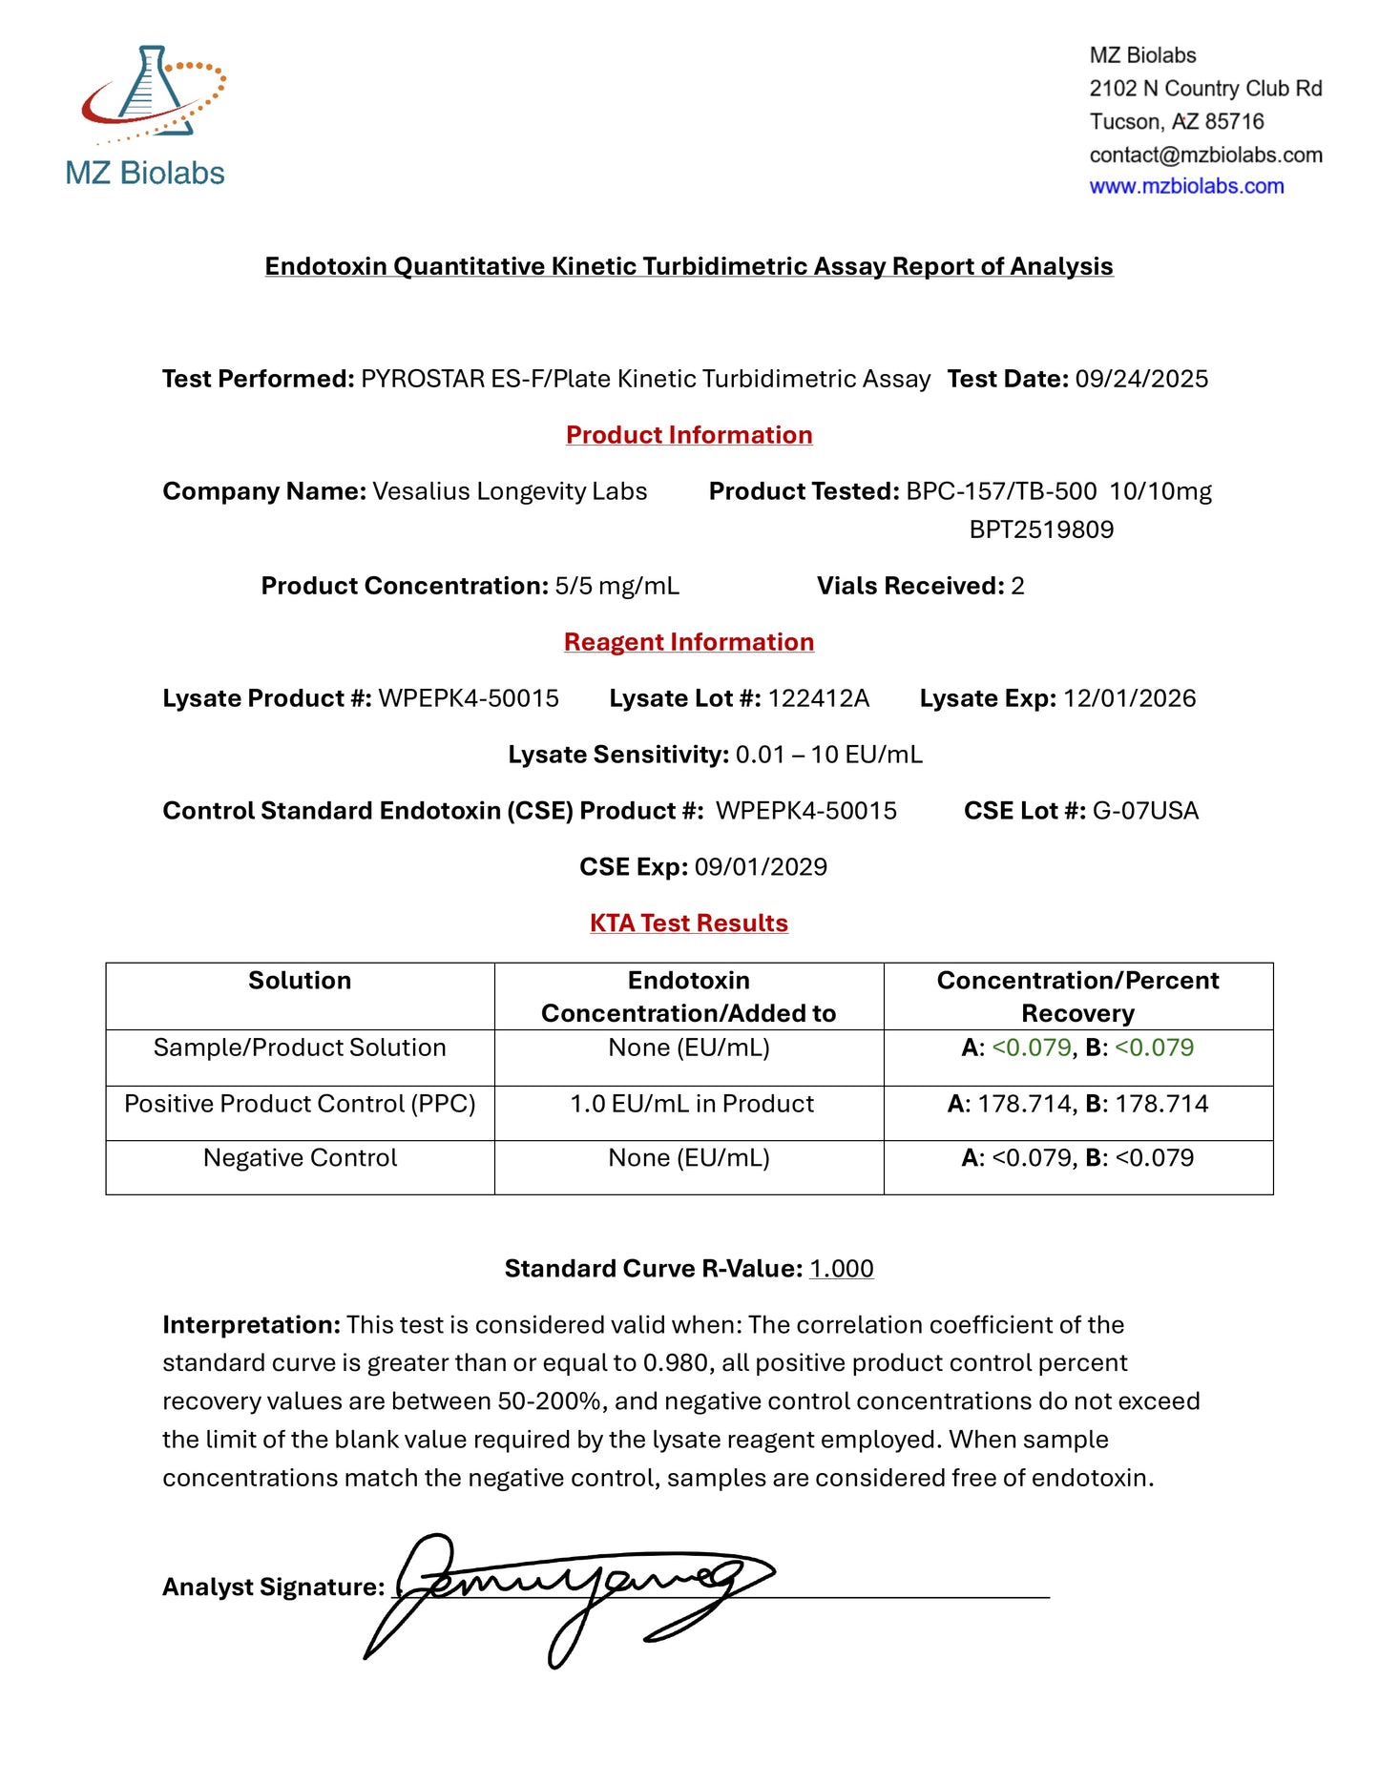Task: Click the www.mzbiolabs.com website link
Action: pos(1186,187)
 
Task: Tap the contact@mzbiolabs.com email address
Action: pos(1205,155)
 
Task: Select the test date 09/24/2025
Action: pos(1141,380)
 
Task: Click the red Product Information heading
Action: pos(689,435)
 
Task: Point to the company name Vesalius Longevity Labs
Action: pos(510,491)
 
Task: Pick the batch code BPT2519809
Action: pos(1041,529)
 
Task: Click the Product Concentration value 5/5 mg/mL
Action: pos(616,586)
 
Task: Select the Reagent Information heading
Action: pos(689,642)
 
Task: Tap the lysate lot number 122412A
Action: pos(819,698)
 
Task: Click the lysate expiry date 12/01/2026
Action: pos(1129,698)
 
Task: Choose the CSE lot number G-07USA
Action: pos(1145,811)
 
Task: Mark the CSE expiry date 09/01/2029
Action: pos(761,867)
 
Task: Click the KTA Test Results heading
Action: pos(689,923)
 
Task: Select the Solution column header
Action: pos(300,981)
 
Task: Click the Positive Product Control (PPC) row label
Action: pos(300,1104)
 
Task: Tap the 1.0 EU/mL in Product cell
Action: pos(692,1104)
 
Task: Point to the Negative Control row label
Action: pos(300,1158)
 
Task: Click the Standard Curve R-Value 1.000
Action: pos(841,1269)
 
